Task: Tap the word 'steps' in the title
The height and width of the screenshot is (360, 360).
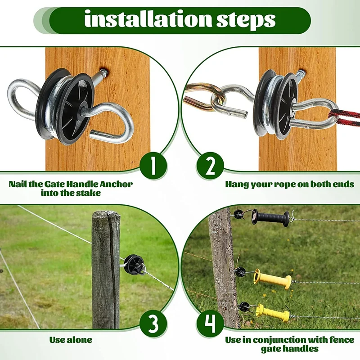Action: pyautogui.click(x=243, y=20)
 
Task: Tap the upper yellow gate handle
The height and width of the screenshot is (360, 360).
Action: pyautogui.click(x=273, y=280)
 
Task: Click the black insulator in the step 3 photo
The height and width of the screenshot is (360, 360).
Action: pyautogui.click(x=133, y=262)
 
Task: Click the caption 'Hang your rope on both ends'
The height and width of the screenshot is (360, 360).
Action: pyautogui.click(x=289, y=184)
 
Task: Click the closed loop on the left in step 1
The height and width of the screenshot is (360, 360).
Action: pyautogui.click(x=22, y=94)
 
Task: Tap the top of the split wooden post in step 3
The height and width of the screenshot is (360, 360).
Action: pyautogui.click(x=106, y=215)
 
